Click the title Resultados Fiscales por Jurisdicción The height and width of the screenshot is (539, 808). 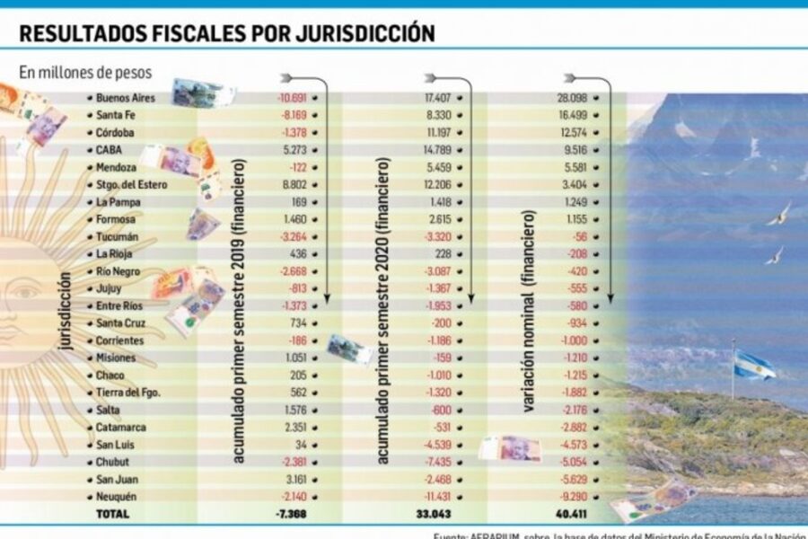coord(227,33)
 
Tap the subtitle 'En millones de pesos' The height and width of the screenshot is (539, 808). coord(86,72)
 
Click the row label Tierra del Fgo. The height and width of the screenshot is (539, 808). coord(130,393)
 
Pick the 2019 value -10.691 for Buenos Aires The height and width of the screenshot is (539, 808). coord(293,97)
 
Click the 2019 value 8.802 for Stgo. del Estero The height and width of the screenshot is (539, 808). coord(294,185)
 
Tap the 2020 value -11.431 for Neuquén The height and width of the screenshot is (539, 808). coord(436,497)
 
